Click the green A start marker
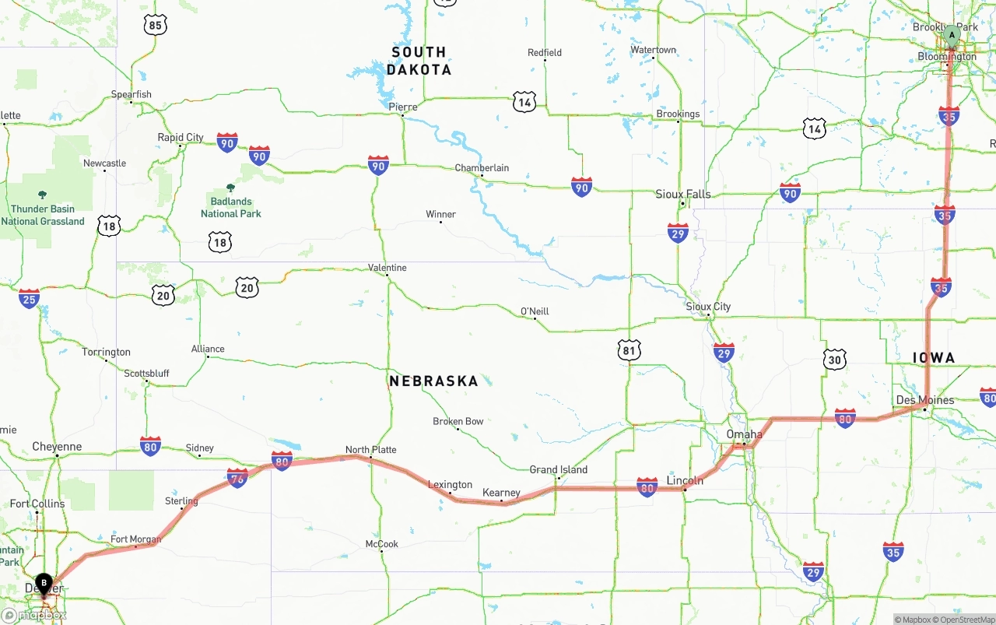(x=951, y=35)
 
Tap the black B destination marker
(x=44, y=582)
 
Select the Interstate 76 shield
(x=237, y=478)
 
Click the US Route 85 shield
(x=156, y=26)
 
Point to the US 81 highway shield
(x=630, y=351)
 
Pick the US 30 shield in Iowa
(x=835, y=360)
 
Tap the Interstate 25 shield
(x=30, y=298)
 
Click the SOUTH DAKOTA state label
(x=419, y=61)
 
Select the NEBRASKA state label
(x=433, y=381)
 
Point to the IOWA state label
(x=933, y=358)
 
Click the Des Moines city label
(x=925, y=400)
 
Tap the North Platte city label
(x=370, y=450)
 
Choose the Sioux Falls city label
(x=683, y=194)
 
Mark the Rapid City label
(x=181, y=138)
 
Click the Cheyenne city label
(x=57, y=447)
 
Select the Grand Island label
(x=559, y=469)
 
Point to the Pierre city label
(x=403, y=107)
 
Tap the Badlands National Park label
(x=230, y=207)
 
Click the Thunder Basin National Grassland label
(x=43, y=215)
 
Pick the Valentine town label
(x=387, y=268)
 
